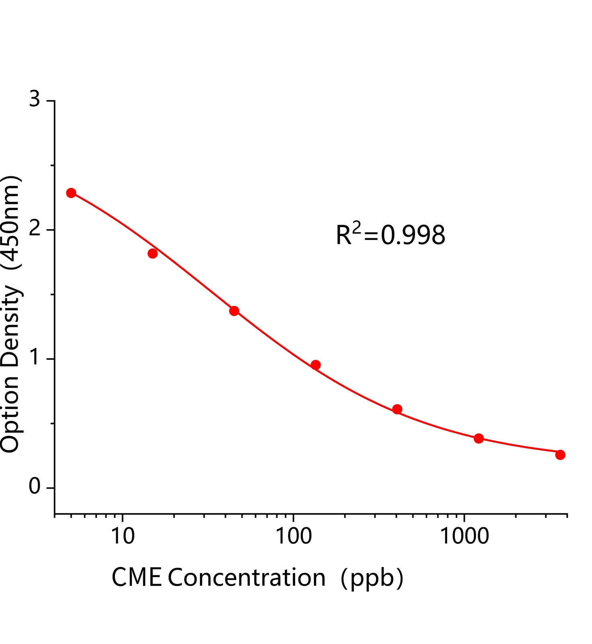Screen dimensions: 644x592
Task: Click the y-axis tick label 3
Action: [x=35, y=99]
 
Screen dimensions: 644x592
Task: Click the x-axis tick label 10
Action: [x=122, y=536]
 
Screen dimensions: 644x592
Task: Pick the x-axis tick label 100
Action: [x=293, y=536]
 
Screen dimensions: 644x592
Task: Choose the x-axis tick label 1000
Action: [x=465, y=536]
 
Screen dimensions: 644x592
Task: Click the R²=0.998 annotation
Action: [x=390, y=235]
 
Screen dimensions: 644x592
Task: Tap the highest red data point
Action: [x=71, y=193]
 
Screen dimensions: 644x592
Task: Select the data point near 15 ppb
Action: [x=152, y=253]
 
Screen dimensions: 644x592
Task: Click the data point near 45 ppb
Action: [x=234, y=311]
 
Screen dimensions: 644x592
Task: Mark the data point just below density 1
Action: [x=316, y=365]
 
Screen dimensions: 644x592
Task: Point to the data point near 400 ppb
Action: [x=397, y=409]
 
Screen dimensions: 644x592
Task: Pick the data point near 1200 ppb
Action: [x=479, y=438]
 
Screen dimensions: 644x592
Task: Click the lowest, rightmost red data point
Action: [x=560, y=455]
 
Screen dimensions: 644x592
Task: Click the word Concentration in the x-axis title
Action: [x=247, y=578]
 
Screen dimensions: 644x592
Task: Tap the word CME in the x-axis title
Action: [x=136, y=578]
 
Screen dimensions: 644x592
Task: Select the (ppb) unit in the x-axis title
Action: [x=372, y=579]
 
